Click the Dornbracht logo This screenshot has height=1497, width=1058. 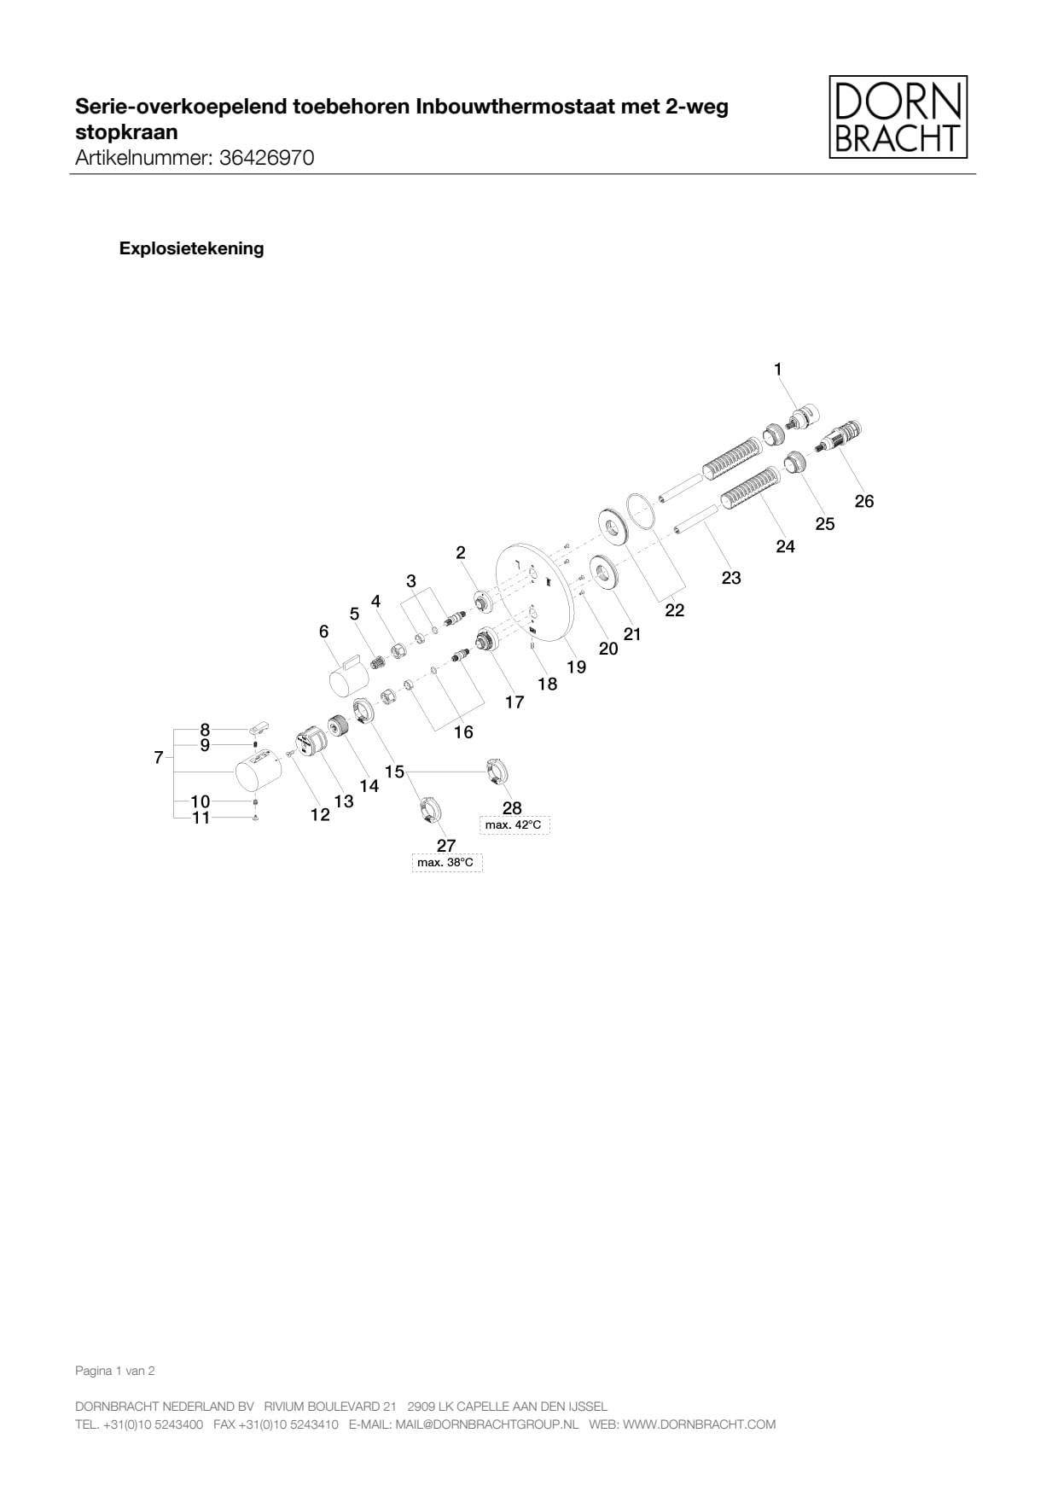898,117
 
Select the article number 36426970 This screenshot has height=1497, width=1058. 266,158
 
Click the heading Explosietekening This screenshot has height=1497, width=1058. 191,248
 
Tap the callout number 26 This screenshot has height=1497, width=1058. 863,501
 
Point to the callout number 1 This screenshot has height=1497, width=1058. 777,369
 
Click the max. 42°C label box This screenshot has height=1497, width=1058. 514,825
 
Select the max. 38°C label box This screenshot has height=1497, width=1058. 445,863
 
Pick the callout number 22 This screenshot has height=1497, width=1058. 674,610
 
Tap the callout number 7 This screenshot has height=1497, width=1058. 158,757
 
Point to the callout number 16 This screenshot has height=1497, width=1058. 462,732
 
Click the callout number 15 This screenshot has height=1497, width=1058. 394,772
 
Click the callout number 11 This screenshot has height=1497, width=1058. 201,818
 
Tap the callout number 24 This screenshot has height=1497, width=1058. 785,546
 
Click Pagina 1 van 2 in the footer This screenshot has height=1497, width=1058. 115,1371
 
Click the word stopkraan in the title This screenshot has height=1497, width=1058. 126,132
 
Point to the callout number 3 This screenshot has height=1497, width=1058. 410,581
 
